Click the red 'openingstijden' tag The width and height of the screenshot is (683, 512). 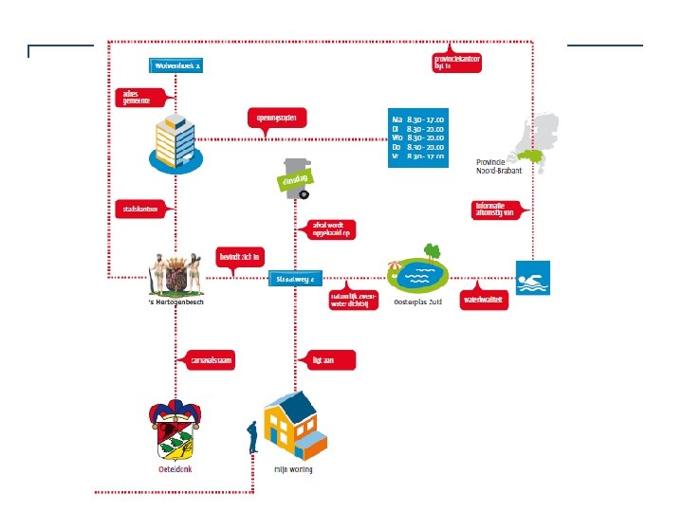pyautogui.click(x=276, y=119)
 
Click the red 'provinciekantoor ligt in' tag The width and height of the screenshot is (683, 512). pyautogui.click(x=456, y=63)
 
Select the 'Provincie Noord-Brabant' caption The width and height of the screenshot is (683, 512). pyautogui.click(x=499, y=166)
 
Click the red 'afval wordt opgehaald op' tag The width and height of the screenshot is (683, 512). pyautogui.click(x=325, y=229)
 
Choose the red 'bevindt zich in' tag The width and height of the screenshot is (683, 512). pyautogui.click(x=240, y=256)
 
